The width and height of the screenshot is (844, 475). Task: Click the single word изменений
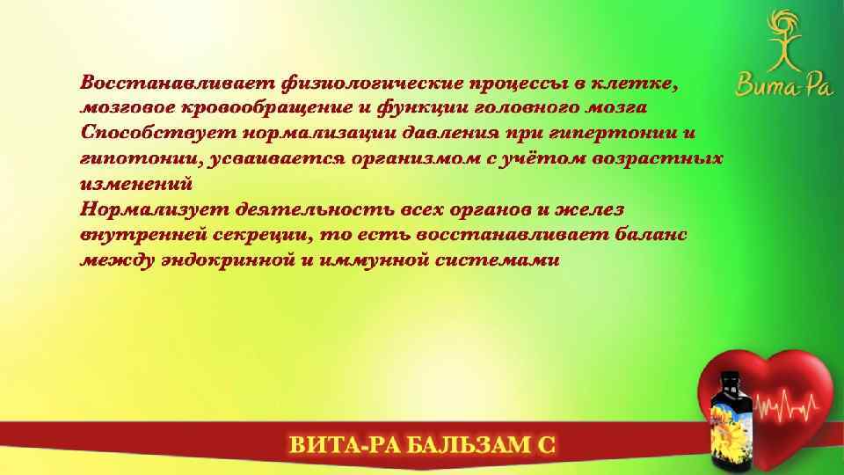(135, 185)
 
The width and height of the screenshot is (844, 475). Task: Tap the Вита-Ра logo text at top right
(774, 86)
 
